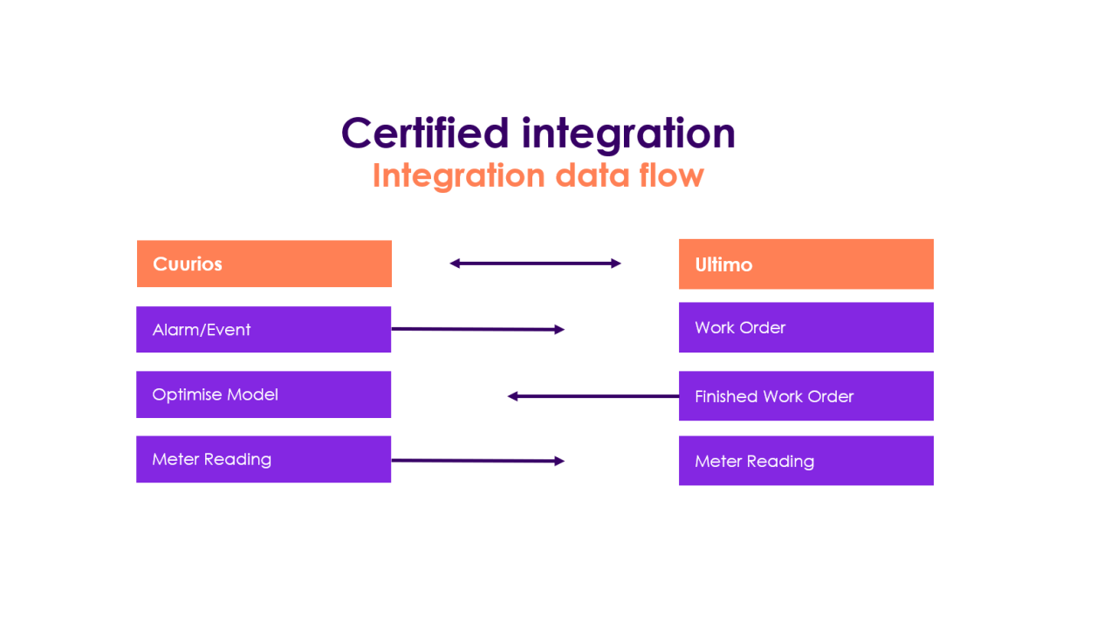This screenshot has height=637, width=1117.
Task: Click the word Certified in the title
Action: tap(424, 134)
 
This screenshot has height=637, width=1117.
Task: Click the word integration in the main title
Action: tap(628, 134)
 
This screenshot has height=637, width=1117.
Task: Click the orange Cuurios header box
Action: tap(264, 264)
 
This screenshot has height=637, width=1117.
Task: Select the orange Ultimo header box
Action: tap(805, 264)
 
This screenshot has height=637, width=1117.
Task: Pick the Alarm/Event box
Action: tap(264, 329)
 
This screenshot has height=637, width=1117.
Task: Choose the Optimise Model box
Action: tap(264, 394)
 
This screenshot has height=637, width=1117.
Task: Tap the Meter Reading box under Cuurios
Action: tap(264, 459)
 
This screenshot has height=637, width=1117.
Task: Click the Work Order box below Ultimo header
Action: tap(805, 327)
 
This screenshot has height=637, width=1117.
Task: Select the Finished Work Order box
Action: tap(805, 396)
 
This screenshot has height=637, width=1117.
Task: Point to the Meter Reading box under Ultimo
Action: tap(805, 461)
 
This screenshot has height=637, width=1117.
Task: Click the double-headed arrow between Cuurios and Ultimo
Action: tap(535, 263)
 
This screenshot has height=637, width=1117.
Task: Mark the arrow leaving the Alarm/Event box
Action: tap(477, 329)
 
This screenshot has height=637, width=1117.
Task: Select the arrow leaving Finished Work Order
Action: tap(593, 396)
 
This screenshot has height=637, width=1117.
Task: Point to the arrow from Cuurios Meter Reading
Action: tap(477, 460)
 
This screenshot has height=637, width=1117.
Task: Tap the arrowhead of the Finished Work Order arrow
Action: tap(513, 396)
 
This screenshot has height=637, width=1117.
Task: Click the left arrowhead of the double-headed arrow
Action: tap(455, 263)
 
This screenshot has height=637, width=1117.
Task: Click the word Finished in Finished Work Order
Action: tap(726, 396)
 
